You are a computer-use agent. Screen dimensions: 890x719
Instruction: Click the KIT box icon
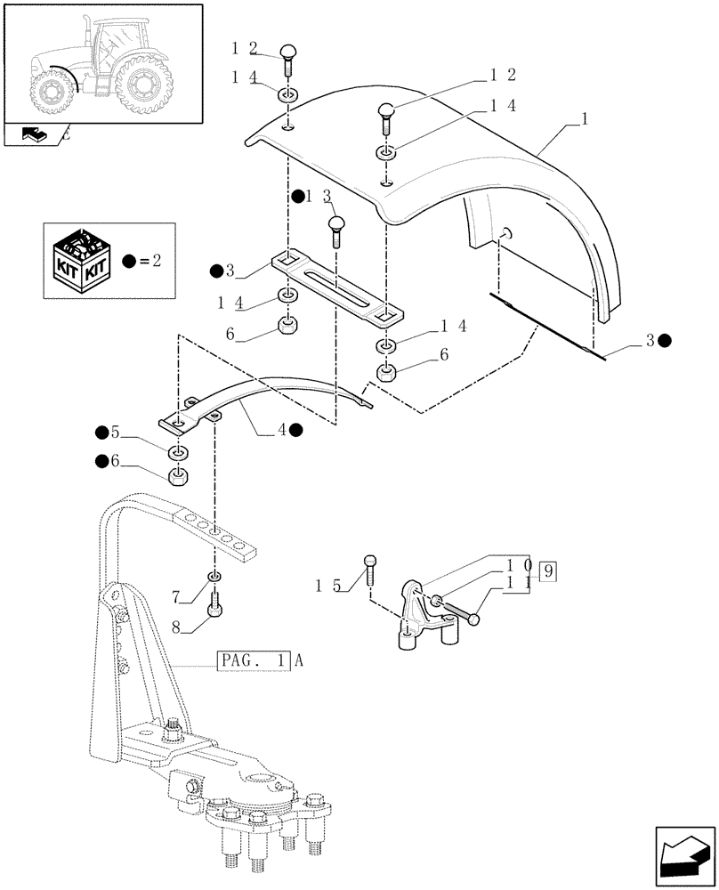pos(82,262)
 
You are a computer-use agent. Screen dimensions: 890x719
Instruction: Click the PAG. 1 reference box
pos(254,660)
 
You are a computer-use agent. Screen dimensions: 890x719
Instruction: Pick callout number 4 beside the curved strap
pos(282,429)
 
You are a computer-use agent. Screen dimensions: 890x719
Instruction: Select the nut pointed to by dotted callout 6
pos(177,477)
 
